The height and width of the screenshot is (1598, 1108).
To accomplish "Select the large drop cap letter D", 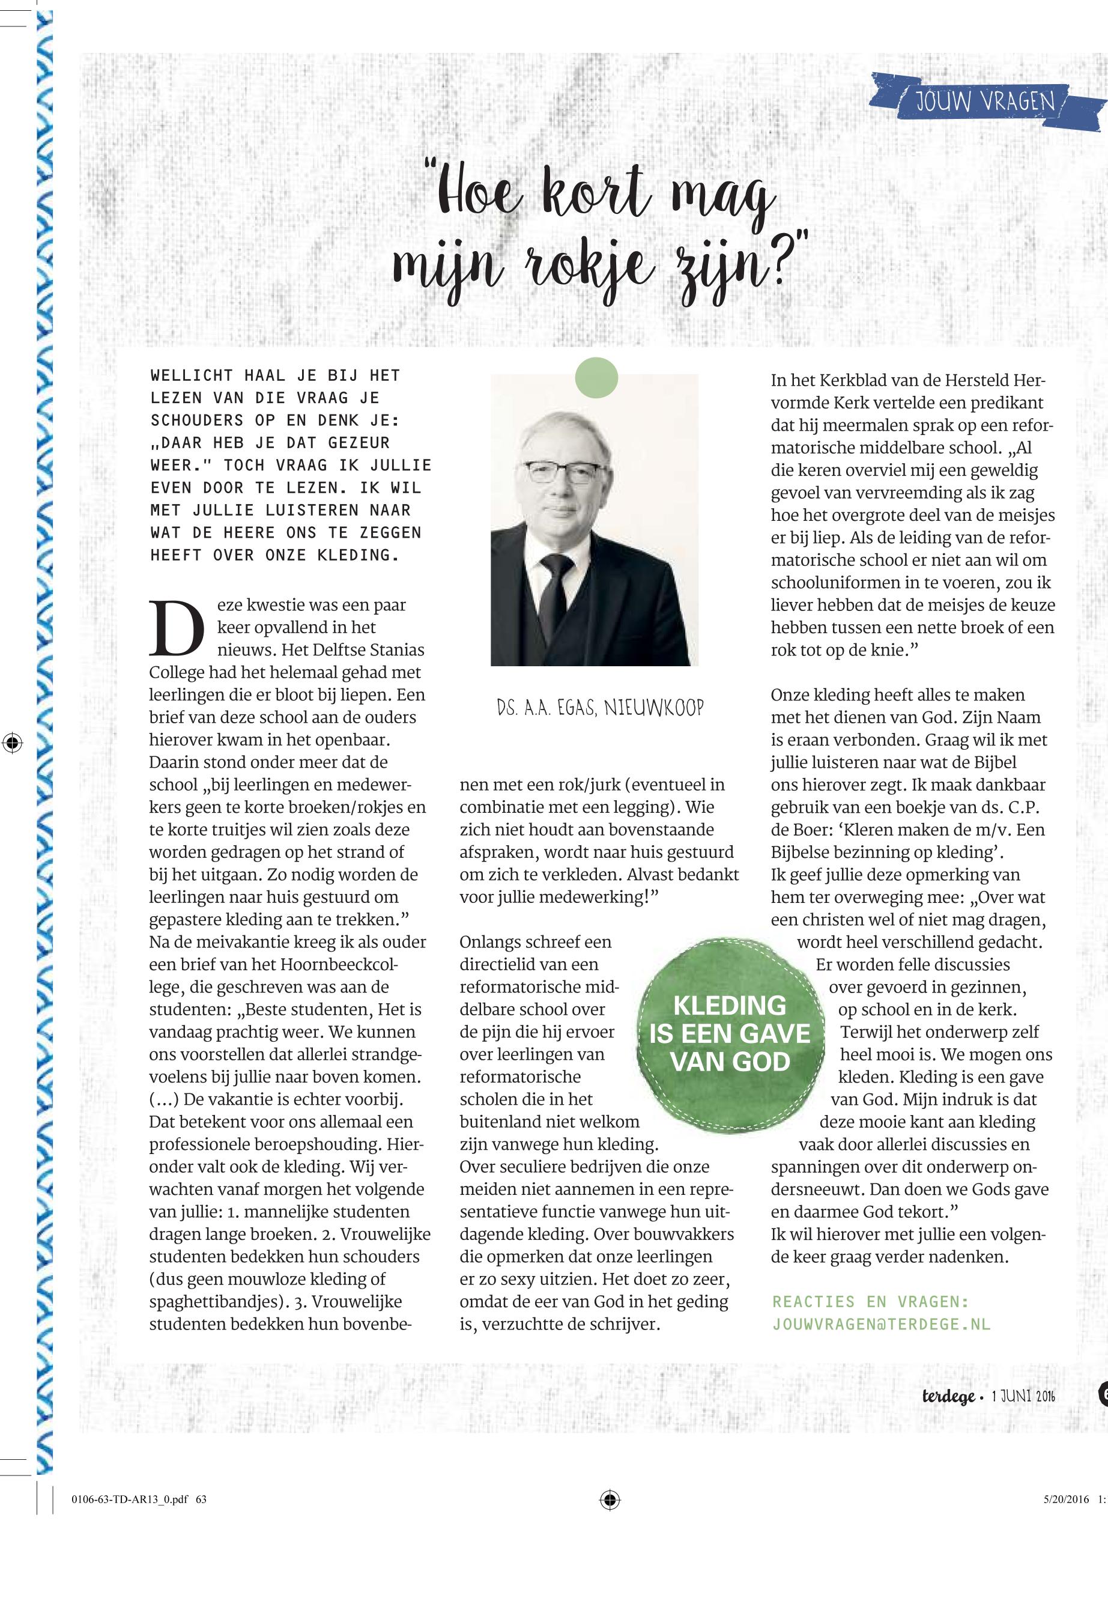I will click(177, 629).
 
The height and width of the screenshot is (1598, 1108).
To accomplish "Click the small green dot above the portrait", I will click(596, 378).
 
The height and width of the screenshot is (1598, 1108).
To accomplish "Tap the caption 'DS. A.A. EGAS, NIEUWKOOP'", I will click(600, 708).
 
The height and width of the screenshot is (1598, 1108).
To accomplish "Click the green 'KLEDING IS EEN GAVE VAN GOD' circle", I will click(730, 1033).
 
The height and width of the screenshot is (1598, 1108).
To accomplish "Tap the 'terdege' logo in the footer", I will click(948, 1397).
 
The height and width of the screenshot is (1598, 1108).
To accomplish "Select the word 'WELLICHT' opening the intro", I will click(191, 375).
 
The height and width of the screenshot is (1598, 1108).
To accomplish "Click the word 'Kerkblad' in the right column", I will click(852, 380).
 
